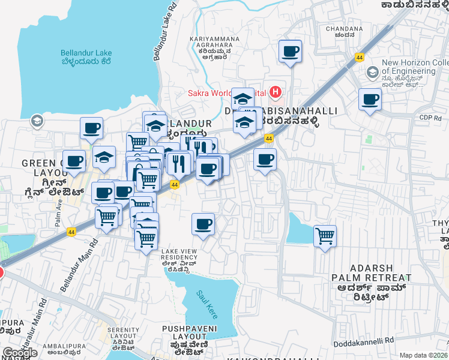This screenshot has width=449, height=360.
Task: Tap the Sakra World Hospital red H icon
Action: [276, 92]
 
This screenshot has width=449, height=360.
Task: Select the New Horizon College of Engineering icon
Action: [372, 73]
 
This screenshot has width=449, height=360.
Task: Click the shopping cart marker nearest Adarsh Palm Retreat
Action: [325, 236]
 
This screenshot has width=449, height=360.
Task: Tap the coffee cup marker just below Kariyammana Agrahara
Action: [291, 52]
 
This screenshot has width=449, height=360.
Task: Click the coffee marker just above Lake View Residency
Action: [203, 224]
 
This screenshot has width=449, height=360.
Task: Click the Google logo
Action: [20, 353]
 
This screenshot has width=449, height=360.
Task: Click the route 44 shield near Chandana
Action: [359, 58]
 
